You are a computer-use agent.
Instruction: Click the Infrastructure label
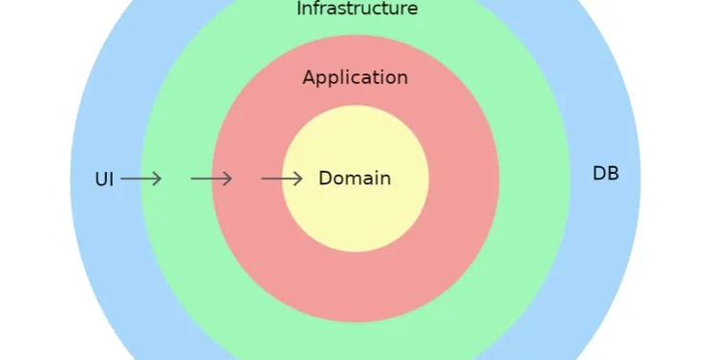[357, 9]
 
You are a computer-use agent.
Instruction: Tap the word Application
[355, 78]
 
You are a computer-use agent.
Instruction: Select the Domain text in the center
[355, 179]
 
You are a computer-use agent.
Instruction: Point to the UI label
[104, 180]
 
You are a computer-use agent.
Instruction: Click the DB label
[606, 174]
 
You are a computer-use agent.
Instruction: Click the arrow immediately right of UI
[141, 179]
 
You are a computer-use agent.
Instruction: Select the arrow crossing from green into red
[211, 179]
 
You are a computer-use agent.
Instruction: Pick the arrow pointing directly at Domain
[282, 179]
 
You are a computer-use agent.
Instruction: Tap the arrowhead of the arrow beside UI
[159, 179]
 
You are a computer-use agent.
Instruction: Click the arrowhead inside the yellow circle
[300, 179]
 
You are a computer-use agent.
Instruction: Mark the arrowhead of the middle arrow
[229, 179]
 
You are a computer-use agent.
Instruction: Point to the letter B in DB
[613, 174]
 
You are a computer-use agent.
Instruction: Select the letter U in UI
[100, 180]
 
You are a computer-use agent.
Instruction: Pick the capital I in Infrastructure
[299, 9]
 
